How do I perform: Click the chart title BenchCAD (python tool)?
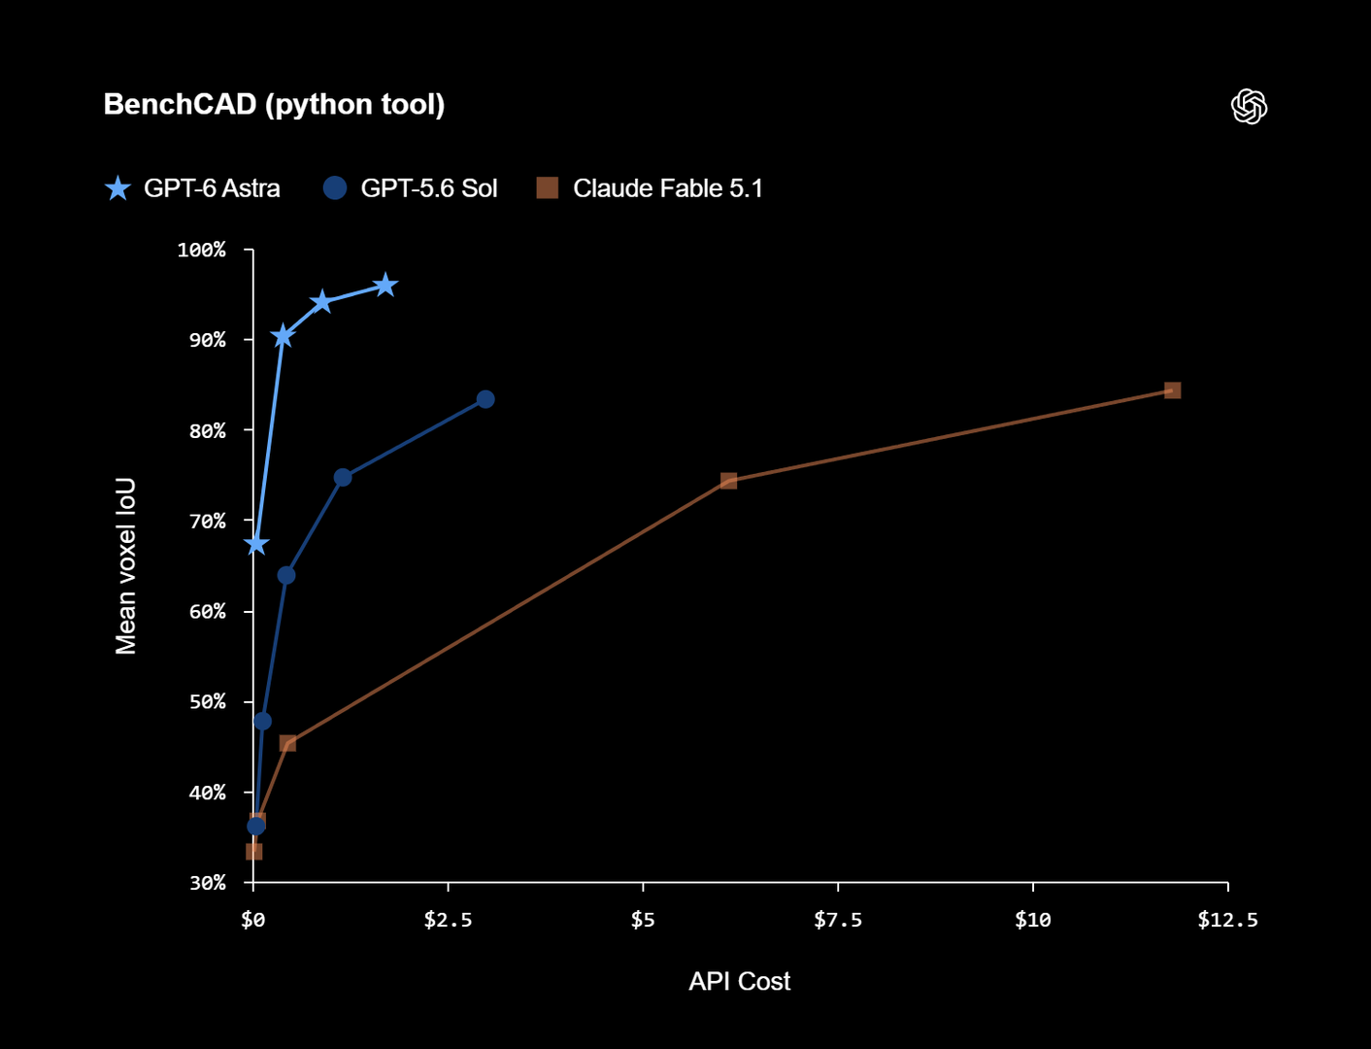pyautogui.click(x=274, y=104)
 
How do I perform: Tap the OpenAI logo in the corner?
pyautogui.click(x=1249, y=106)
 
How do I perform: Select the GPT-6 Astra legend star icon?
pyautogui.click(x=117, y=188)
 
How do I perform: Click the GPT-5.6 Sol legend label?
pyautogui.click(x=428, y=188)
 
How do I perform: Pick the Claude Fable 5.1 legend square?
pyautogui.click(x=548, y=187)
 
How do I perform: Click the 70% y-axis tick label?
pyautogui.click(x=207, y=521)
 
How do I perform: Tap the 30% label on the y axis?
pyautogui.click(x=207, y=883)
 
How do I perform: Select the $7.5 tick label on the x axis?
pyautogui.click(x=838, y=920)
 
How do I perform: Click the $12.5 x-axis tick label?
pyautogui.click(x=1227, y=920)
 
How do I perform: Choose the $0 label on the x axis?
pyautogui.click(x=253, y=920)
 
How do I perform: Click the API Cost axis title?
pyautogui.click(x=740, y=981)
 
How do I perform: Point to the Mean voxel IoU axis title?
pyautogui.click(x=125, y=566)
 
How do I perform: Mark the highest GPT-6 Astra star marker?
pyautogui.click(x=385, y=286)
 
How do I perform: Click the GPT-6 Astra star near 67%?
pyautogui.click(x=256, y=544)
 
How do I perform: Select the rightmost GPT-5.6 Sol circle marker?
pyautogui.click(x=485, y=399)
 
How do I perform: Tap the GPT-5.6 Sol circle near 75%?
pyautogui.click(x=343, y=478)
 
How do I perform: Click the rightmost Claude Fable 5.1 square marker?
pyautogui.click(x=1172, y=390)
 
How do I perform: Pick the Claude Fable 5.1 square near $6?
pyautogui.click(x=728, y=481)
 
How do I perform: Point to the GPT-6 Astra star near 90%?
pyautogui.click(x=283, y=336)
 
